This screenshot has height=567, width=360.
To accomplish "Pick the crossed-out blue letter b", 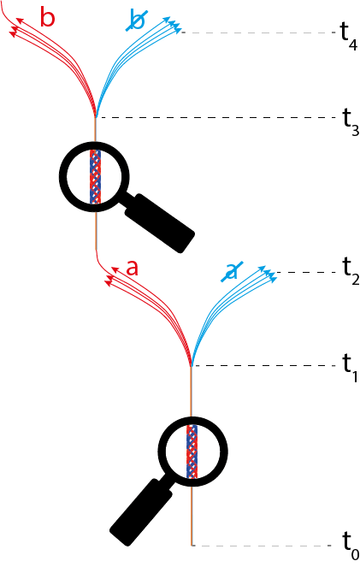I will pos(136,21).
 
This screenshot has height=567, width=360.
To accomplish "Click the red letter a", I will pos(133,267).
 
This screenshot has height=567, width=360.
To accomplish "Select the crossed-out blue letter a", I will pos(231,271).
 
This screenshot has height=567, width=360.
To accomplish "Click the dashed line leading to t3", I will pos(214,118).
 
